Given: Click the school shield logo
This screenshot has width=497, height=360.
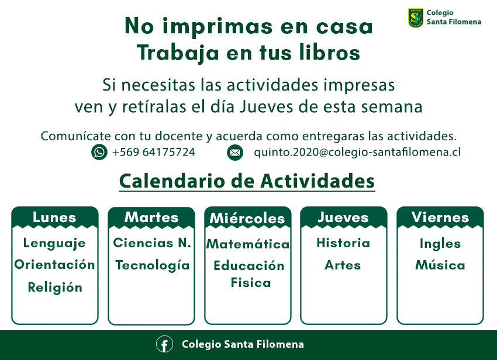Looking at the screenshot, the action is [416, 18].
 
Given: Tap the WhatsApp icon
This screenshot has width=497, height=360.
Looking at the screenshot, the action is [99, 152].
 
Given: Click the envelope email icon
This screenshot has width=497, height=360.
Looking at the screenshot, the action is [235, 153].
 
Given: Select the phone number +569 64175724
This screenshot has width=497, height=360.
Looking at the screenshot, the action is [154, 152].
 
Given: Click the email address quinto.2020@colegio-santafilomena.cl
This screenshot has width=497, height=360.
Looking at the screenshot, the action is [357, 152].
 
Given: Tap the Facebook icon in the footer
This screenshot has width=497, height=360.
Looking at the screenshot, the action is [164, 344].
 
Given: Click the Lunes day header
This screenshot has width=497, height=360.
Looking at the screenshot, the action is [54, 217].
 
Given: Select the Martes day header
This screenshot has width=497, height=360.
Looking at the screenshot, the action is [151, 217].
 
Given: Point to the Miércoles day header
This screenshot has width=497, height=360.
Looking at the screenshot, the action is [247, 219].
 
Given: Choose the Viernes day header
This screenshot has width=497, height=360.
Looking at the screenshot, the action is [440, 217].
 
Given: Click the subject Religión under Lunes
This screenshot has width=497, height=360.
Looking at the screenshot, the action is [55, 287].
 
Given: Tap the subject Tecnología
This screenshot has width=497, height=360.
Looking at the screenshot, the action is [153, 265].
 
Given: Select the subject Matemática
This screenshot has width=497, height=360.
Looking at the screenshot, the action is [248, 244].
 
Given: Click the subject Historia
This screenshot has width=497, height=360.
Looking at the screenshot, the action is [343, 243].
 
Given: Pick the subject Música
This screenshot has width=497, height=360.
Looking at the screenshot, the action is [440, 265].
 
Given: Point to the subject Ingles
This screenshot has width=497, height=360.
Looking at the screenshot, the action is [440, 244].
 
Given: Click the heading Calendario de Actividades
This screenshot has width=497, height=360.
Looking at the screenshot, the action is [247, 181].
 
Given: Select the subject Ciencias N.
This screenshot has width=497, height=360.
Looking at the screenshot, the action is [152, 243].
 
